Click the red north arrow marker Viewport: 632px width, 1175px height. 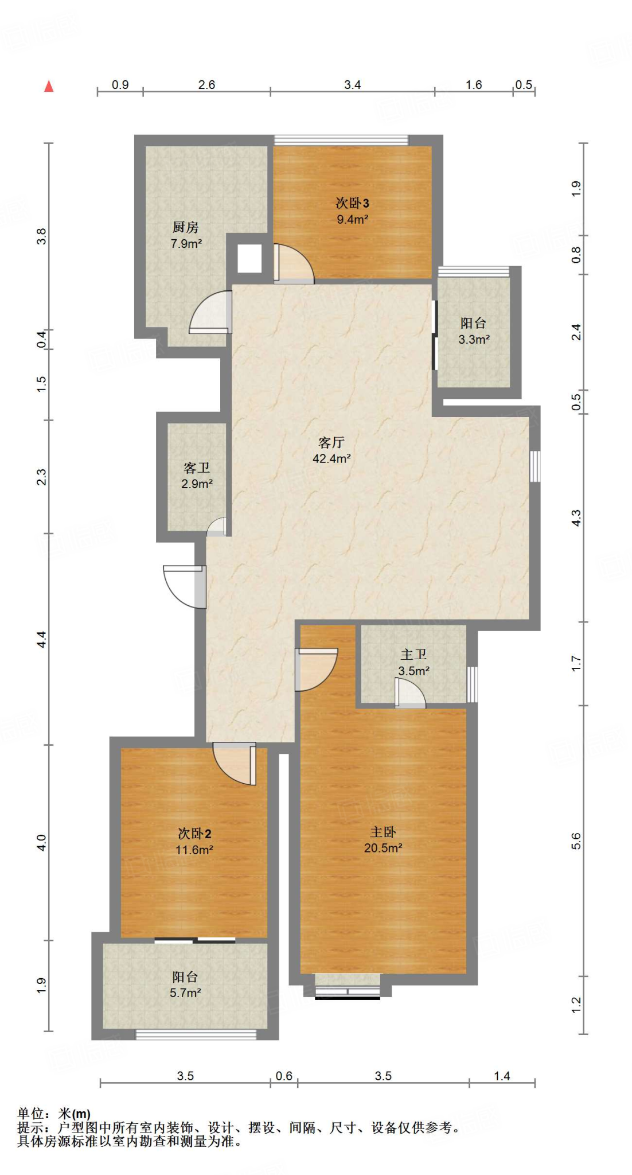tap(49, 86)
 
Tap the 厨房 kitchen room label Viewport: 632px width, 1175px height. tap(185, 227)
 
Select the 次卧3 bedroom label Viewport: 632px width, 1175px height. tap(352, 203)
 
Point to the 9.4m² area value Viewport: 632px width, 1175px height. tap(352, 219)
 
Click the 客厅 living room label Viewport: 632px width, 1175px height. tap(331, 442)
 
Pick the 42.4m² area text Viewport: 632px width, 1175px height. tap(331, 458)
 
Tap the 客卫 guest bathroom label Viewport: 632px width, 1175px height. tap(197, 468)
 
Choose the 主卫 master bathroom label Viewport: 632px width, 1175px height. tap(413, 655)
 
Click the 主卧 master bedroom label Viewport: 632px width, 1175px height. tap(383, 832)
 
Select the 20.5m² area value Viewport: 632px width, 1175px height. tap(383, 848)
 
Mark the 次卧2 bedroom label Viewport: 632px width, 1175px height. tap(194, 834)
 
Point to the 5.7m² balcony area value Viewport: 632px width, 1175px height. tap(185, 993)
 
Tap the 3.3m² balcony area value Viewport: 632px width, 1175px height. tap(474, 339)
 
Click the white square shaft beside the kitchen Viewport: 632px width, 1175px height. tap(249, 259)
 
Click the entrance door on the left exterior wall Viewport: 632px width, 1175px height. tap(185, 586)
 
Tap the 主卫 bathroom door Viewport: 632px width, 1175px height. tap(410, 692)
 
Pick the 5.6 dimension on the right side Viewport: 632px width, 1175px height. tap(576, 841)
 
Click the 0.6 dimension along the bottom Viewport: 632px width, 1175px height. tap(284, 1076)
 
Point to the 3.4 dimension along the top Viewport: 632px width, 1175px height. tap(352, 85)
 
